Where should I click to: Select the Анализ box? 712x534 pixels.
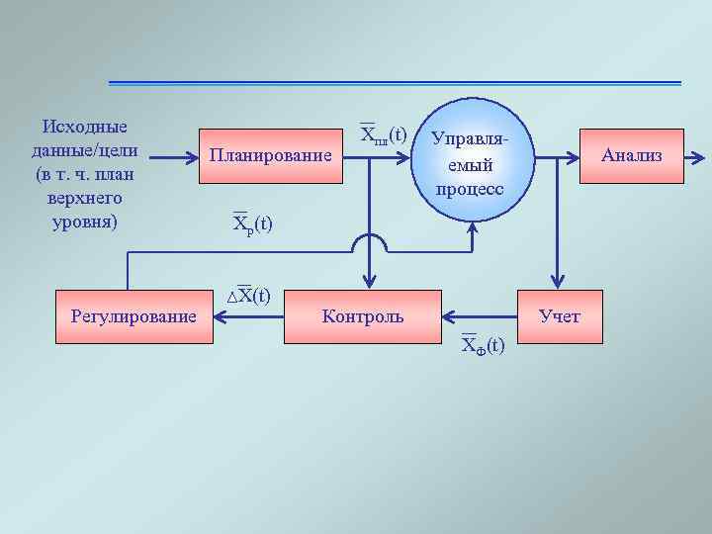click(x=631, y=156)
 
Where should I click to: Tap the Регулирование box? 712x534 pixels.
click(x=134, y=316)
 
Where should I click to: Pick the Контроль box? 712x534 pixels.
click(x=363, y=316)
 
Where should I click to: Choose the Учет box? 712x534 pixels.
click(x=559, y=316)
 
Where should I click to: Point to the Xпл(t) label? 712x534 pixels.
click(x=384, y=133)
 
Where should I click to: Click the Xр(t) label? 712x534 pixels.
click(x=252, y=223)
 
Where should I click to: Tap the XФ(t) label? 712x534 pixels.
click(x=483, y=344)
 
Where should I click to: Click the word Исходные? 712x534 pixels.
click(x=85, y=127)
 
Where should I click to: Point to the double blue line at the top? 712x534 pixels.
click(x=395, y=82)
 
